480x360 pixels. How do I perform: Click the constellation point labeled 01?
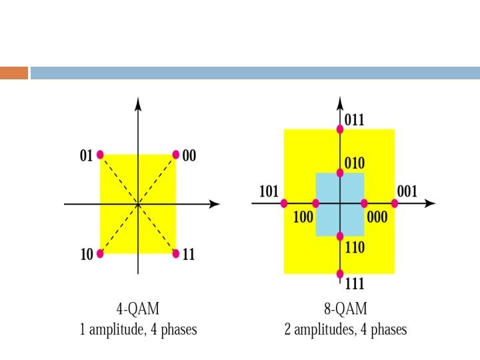coord(100,155)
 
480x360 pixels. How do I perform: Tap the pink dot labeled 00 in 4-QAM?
coord(176,155)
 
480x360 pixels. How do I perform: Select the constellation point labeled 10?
coord(100,253)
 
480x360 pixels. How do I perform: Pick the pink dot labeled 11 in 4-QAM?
coord(176,253)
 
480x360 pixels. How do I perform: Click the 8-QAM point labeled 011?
coord(340,129)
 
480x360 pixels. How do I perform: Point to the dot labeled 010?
coord(340,173)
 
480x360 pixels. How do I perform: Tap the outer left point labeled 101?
coord(285,203)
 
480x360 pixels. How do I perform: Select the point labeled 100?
coord(315,203)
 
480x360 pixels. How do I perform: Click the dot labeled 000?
coord(364,203)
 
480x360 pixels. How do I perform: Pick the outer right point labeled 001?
coord(395,203)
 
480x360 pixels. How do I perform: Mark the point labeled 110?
coord(340,236)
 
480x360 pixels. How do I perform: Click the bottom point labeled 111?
coord(340,273)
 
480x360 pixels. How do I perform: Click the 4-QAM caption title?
coord(138,309)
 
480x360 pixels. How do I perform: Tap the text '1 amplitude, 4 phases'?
coord(138,329)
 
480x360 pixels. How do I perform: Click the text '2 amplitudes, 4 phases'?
coord(345,329)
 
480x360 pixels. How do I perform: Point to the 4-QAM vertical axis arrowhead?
coord(137,103)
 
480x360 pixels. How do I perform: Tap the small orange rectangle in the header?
coord(14,73)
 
